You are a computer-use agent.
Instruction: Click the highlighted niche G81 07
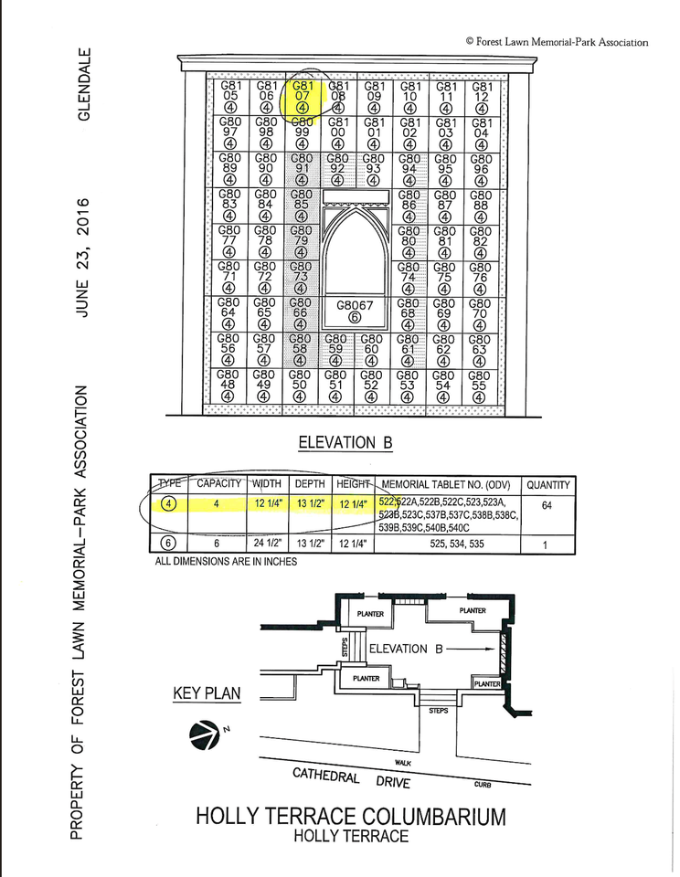click(x=302, y=96)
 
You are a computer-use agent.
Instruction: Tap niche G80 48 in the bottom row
click(x=228, y=386)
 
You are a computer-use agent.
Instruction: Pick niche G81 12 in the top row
click(x=482, y=96)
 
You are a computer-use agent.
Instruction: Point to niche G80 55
click(x=478, y=386)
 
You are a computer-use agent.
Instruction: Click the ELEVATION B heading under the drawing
click(x=345, y=443)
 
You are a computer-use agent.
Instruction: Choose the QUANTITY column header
click(x=547, y=485)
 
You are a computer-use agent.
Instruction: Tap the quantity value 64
click(x=547, y=505)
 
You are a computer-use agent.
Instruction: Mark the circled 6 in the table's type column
click(x=169, y=544)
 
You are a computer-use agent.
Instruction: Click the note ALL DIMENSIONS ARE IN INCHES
click(x=226, y=561)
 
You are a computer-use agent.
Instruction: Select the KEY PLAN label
click(x=207, y=694)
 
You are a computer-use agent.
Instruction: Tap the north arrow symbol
click(x=203, y=734)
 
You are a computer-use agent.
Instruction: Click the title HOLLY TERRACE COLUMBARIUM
click(x=350, y=816)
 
